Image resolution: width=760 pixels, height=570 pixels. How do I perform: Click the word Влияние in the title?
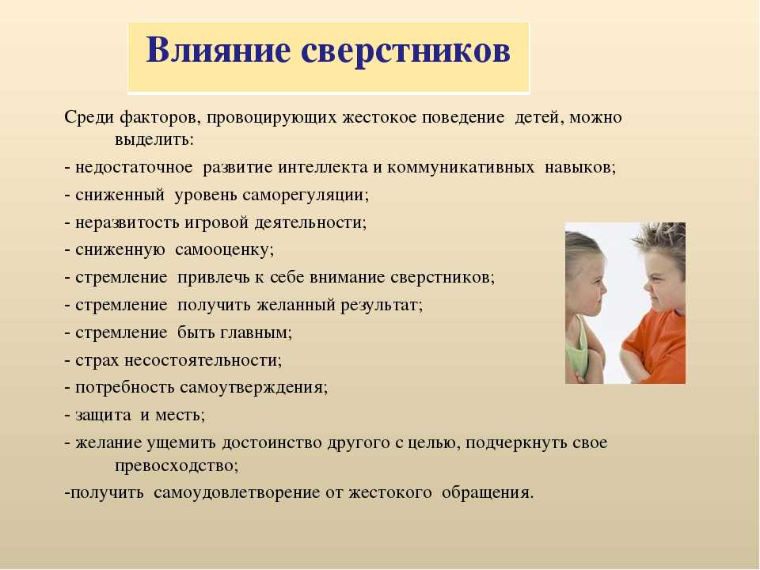point(218,49)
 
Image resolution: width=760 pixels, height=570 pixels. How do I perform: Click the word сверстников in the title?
point(405,51)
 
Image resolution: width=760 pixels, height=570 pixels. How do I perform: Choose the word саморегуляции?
point(306,196)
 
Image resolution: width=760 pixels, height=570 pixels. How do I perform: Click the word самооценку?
point(224,250)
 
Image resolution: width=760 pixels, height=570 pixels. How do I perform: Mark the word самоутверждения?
point(253,388)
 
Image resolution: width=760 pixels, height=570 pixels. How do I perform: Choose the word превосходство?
point(177,466)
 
